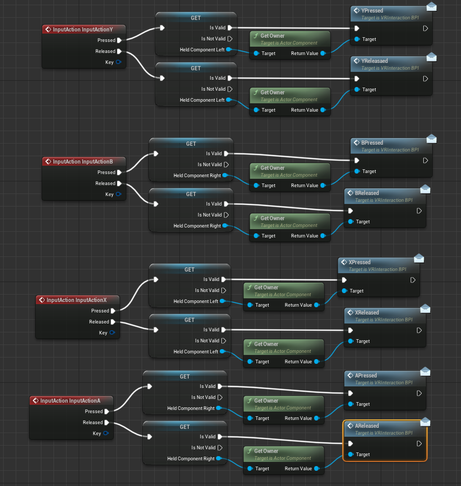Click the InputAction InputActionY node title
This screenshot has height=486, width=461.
83,29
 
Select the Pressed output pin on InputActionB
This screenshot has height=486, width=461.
120,172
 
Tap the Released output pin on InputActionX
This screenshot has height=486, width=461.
113,322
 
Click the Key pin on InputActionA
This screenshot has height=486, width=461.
106,434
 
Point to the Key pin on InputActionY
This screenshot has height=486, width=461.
119,62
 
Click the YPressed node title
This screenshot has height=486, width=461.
372,10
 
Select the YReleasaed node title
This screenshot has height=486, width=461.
375,61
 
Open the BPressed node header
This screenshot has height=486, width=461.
372,143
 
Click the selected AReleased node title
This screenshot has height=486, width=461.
367,426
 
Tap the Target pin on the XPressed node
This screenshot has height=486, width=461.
344,291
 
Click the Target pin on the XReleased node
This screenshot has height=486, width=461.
350,341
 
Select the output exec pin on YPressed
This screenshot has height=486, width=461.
425,28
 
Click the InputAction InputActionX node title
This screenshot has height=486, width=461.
77,300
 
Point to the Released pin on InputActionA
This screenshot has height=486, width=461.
107,423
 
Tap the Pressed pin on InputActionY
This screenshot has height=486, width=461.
120,40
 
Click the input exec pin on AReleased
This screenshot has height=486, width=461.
350,444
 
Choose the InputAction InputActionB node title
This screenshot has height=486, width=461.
83,161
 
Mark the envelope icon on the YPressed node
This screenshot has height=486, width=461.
432,6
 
